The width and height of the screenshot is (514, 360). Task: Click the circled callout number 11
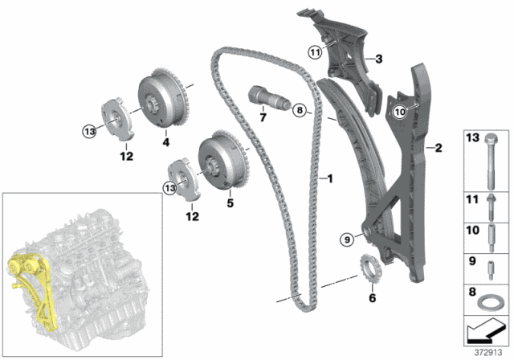(x=315, y=53)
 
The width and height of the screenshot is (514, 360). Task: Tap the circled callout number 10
(x=400, y=114)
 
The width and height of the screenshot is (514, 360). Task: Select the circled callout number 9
(x=347, y=238)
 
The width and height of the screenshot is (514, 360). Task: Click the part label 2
(x=439, y=147)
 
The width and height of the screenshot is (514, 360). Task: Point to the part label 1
(x=328, y=178)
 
